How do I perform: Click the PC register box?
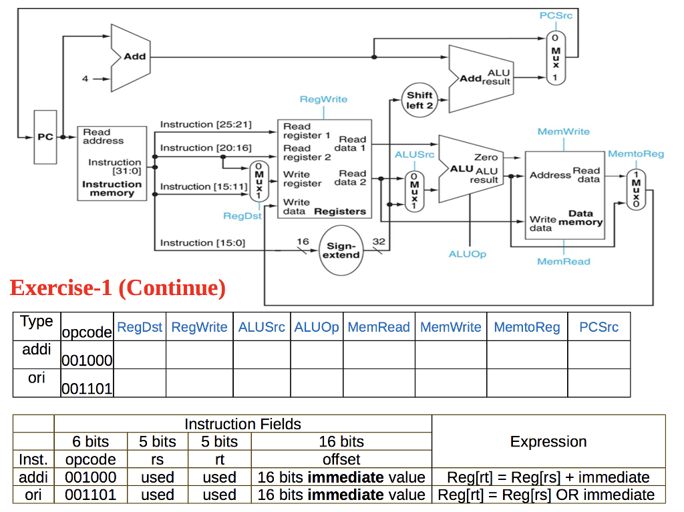click(45, 138)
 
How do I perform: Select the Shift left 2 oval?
click(419, 100)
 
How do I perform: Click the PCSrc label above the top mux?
click(556, 15)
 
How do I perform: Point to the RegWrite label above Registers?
click(323, 99)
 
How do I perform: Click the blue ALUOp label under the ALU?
click(468, 254)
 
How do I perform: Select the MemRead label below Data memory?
click(564, 262)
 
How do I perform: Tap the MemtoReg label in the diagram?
click(636, 154)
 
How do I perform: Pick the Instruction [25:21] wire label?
click(206, 125)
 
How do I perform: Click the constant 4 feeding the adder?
click(85, 79)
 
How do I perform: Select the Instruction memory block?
click(112, 163)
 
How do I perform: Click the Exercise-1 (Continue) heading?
click(118, 288)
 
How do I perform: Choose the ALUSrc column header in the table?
click(262, 327)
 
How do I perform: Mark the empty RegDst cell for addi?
click(140, 355)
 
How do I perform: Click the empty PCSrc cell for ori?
click(598, 383)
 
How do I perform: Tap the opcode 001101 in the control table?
click(87, 389)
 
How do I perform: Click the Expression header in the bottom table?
click(548, 441)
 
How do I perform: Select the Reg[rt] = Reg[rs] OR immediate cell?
click(548, 495)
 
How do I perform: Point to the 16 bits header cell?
click(341, 441)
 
